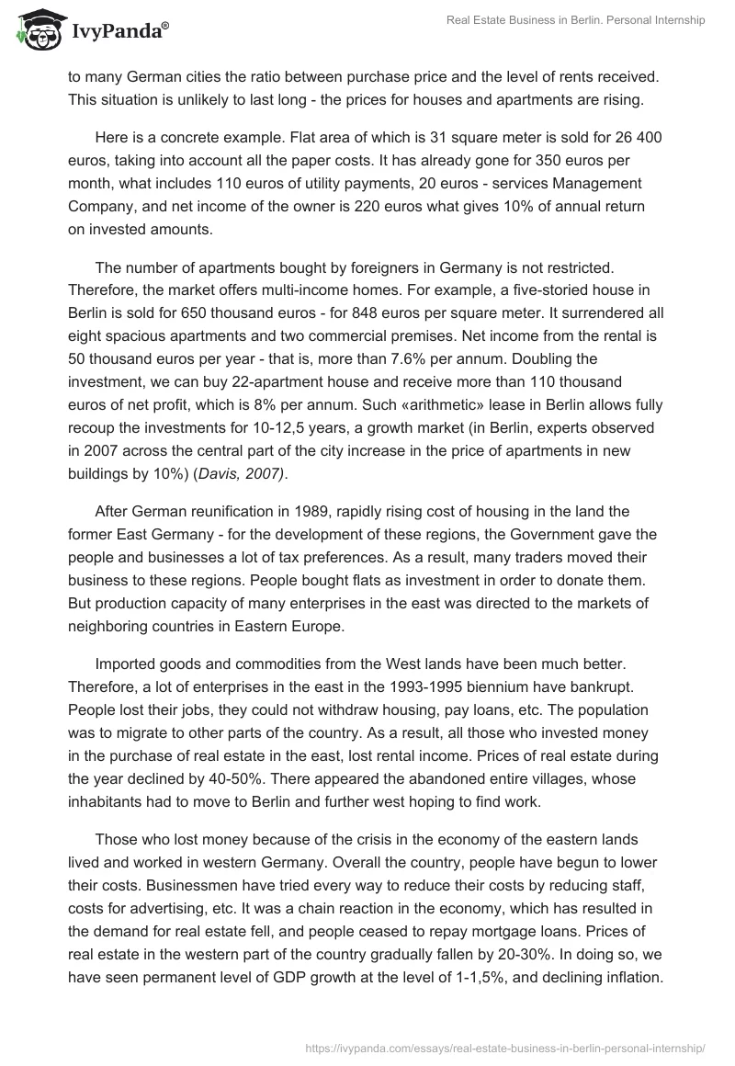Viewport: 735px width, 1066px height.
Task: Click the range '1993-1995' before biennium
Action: click(x=406, y=686)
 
